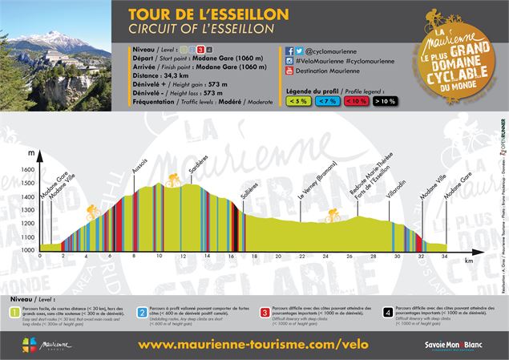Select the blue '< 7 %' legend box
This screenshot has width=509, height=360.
(x=327, y=102)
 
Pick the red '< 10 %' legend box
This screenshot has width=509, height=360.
(x=355, y=102)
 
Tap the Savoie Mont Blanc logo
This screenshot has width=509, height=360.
(x=459, y=344)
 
